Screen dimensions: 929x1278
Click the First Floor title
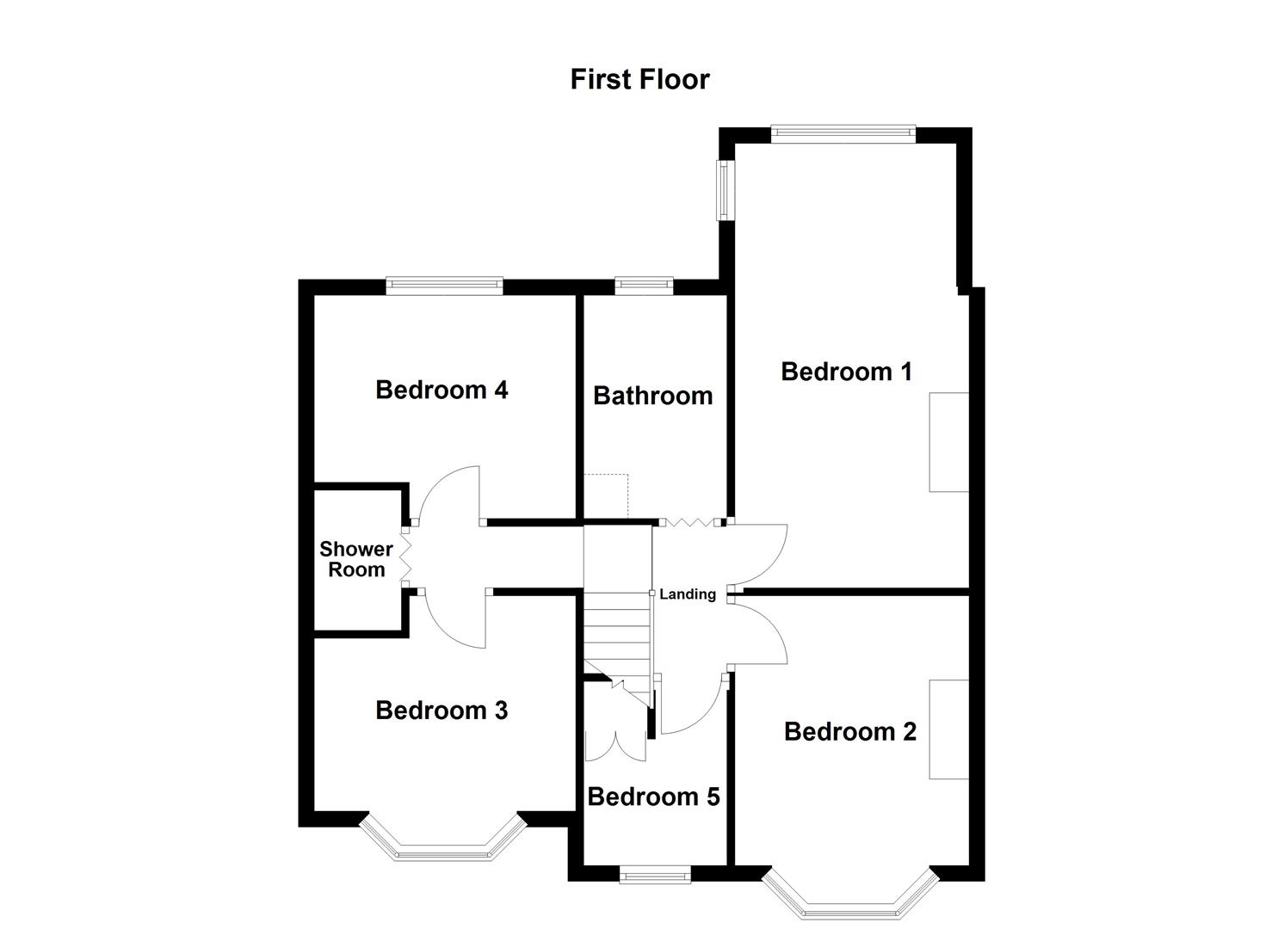[639, 79]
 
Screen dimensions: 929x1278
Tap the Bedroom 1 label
[846, 372]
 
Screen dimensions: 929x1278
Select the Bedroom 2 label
[849, 731]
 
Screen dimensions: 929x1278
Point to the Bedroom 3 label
[441, 711]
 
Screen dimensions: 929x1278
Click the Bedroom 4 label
[441, 390]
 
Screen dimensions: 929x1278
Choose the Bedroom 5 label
[653, 797]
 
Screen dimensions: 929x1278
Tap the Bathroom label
[653, 396]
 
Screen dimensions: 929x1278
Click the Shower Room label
[356, 559]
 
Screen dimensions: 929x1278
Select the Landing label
[688, 594]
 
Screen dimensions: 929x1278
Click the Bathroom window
[644, 285]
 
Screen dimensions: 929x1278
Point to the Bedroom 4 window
[444, 285]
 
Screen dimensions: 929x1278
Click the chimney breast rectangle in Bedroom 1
[948, 442]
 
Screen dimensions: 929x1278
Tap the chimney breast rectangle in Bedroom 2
[948, 729]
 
